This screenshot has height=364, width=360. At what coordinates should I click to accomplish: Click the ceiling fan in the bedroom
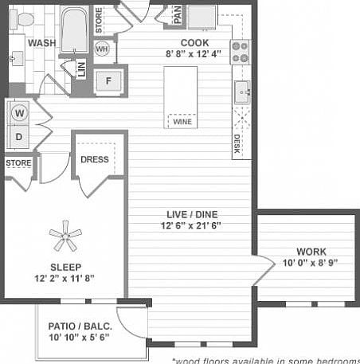(x=64, y=234)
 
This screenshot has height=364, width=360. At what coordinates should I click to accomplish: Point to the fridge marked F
(x=108, y=80)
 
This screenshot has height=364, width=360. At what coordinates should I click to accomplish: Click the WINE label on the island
(x=180, y=122)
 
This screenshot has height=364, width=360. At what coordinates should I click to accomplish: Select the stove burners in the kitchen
(x=240, y=52)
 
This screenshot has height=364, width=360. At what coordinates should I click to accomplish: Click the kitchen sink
(x=241, y=93)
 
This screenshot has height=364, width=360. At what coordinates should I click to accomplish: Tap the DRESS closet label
(x=95, y=159)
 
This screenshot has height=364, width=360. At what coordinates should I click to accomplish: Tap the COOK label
(x=194, y=43)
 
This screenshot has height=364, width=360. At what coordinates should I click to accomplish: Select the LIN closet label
(x=80, y=71)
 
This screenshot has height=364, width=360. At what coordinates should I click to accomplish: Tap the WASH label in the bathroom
(x=41, y=43)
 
